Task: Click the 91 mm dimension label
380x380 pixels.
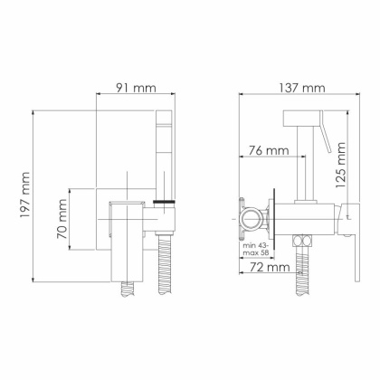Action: point(135,89)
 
